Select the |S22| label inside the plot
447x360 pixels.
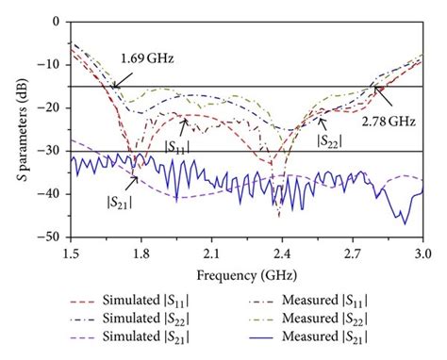click(329, 140)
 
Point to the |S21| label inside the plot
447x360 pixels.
click(119, 199)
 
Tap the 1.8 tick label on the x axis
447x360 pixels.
click(141, 254)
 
